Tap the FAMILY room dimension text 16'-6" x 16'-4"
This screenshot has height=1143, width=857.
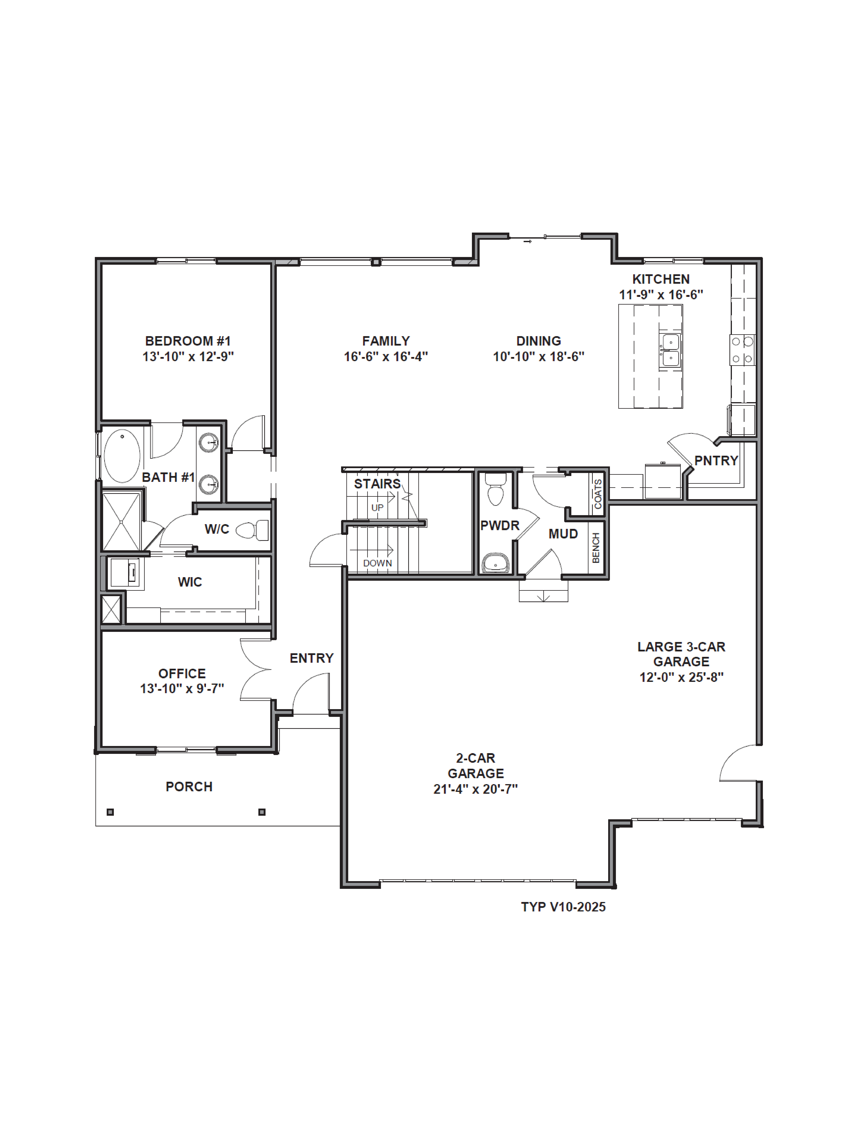pyautogui.click(x=386, y=357)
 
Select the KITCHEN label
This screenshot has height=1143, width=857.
pyautogui.click(x=661, y=279)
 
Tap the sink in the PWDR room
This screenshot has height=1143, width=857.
pyautogui.click(x=495, y=563)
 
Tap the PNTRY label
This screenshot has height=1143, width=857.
pyautogui.click(x=716, y=460)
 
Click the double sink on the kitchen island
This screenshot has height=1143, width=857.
pyautogui.click(x=670, y=350)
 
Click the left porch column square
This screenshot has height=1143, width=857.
pyautogui.click(x=110, y=812)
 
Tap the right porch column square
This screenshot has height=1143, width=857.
pyautogui.click(x=262, y=812)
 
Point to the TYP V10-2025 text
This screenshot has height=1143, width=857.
pyautogui.click(x=563, y=907)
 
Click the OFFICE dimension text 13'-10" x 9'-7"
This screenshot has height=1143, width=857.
pyautogui.click(x=182, y=689)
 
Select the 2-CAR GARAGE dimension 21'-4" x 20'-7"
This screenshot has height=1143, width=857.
pyautogui.click(x=475, y=789)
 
